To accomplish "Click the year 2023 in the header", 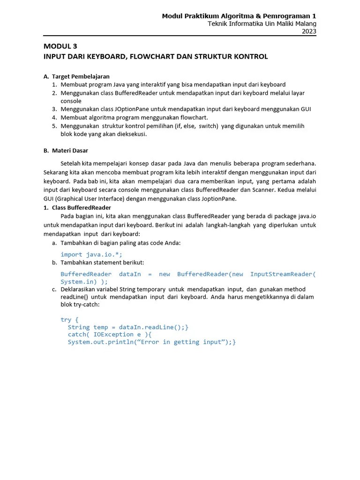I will (308, 31).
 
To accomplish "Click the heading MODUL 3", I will (60, 46).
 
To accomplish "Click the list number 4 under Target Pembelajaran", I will (54, 117).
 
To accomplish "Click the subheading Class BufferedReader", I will (82, 207).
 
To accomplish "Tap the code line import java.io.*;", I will (91, 254).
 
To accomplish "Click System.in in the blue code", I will (78, 282).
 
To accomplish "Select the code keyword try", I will (66, 319).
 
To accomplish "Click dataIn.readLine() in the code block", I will (148, 327).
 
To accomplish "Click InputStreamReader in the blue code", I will (281, 274).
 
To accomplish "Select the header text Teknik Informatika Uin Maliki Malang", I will (262, 23).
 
